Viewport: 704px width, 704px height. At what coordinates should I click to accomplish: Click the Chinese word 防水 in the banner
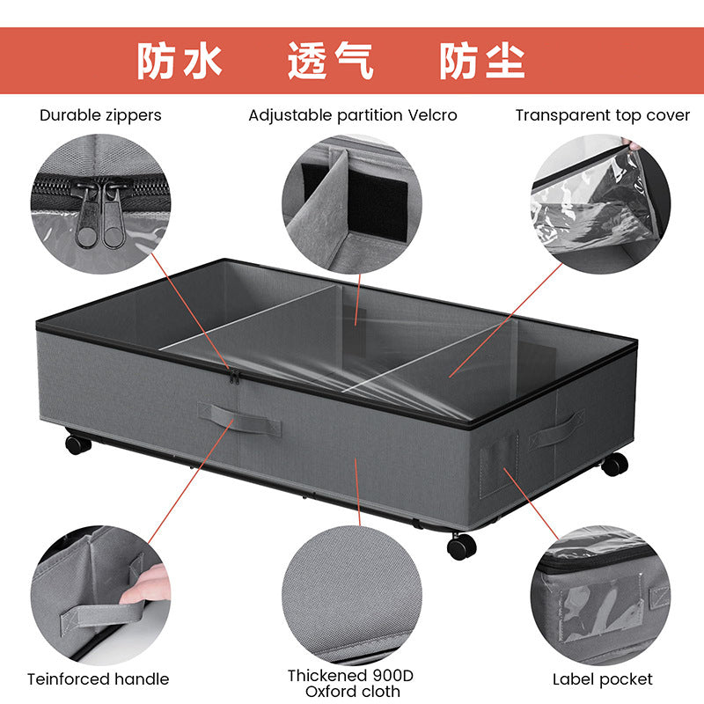(x=179, y=62)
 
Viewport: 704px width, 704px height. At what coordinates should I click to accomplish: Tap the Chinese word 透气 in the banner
(x=331, y=62)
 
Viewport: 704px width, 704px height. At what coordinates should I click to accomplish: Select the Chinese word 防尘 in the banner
(x=481, y=62)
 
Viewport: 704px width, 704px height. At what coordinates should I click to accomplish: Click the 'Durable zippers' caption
(x=100, y=115)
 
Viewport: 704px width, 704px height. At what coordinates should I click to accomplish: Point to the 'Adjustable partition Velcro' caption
(x=353, y=115)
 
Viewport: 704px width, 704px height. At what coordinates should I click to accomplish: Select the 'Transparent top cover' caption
(x=603, y=115)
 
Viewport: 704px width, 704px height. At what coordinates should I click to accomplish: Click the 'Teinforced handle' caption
(x=98, y=678)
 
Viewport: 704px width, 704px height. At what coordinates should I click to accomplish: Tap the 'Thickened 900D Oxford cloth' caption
(x=350, y=683)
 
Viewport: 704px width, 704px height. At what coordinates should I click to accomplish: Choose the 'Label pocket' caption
(x=602, y=678)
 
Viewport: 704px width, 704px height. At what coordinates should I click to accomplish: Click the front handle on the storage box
(x=238, y=418)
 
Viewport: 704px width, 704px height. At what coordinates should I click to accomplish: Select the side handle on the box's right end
(x=556, y=429)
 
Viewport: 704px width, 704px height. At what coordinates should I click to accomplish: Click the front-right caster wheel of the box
(x=461, y=546)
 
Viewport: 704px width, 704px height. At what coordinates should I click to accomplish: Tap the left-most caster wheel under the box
(x=77, y=443)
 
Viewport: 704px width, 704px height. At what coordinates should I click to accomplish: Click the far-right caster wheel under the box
(x=614, y=463)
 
